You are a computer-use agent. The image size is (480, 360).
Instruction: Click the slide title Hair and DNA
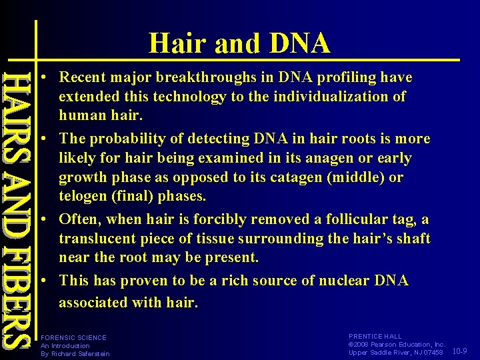pos(239,43)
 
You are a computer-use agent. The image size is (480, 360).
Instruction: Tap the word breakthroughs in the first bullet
pos(213,77)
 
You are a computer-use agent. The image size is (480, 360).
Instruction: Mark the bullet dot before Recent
pos(42,78)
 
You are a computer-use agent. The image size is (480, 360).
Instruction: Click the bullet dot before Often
pos(42,219)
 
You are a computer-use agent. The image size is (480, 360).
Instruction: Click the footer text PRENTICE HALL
pos(375,337)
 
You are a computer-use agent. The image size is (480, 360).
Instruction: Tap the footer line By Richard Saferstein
pos(75,353)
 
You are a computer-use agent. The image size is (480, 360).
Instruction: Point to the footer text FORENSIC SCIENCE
pos(73,337)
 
